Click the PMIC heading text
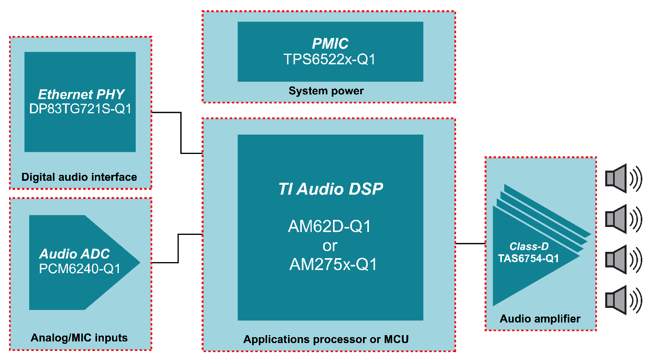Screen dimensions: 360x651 click(330, 43)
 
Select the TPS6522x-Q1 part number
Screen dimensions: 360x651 click(329, 60)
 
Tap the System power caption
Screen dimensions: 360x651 click(326, 91)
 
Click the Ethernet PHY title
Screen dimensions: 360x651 click(81, 94)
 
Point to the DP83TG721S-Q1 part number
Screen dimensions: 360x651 click(80, 109)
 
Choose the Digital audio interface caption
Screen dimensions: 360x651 click(79, 177)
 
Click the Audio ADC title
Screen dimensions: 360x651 click(75, 254)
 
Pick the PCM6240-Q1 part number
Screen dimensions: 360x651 click(79, 269)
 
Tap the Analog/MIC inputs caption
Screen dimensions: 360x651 click(79, 338)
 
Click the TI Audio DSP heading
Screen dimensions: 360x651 click(331, 189)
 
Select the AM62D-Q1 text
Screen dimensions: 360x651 click(329, 227)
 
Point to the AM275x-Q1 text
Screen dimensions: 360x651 click(333, 264)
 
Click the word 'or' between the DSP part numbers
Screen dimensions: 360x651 click(330, 246)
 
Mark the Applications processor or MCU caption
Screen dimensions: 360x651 click(326, 339)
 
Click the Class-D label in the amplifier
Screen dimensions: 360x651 click(529, 247)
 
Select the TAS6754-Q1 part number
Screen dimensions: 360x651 click(528, 259)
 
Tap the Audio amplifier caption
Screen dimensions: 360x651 click(540, 319)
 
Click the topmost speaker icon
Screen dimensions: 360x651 click(623, 178)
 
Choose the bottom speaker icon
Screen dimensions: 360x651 click(623, 300)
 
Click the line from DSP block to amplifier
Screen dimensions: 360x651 click(470, 244)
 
